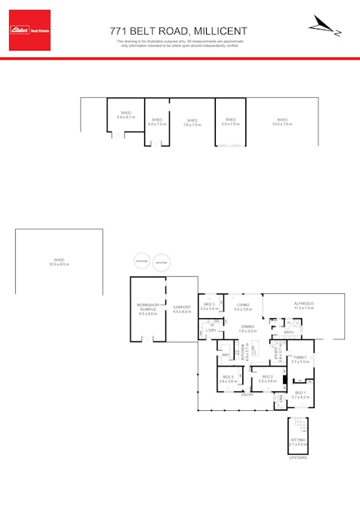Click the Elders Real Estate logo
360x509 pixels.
(x=29, y=30)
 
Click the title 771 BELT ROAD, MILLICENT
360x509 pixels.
(x=179, y=30)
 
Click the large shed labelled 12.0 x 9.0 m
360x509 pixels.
(x=59, y=262)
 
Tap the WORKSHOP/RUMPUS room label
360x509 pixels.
(x=148, y=309)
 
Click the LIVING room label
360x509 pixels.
(x=242, y=305)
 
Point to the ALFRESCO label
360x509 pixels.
(x=303, y=304)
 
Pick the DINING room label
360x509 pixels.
(x=248, y=328)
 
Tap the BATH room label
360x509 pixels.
(x=288, y=333)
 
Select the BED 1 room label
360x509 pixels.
(x=300, y=393)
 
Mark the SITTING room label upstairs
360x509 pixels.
(x=299, y=442)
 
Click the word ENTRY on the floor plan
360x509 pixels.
(x=247, y=395)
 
